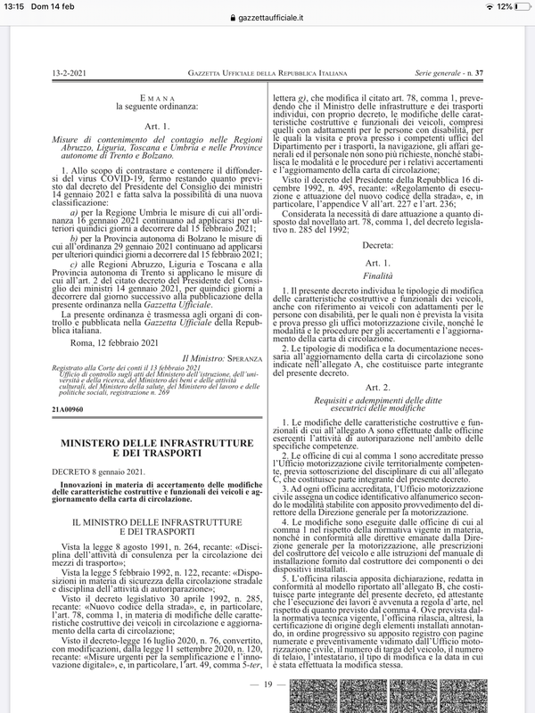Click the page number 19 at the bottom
point(267,683)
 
